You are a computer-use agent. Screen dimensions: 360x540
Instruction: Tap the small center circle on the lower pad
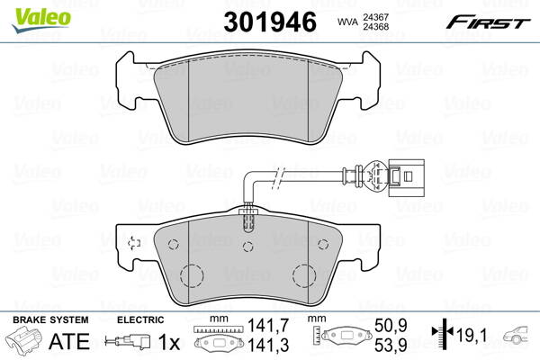pos(251,247)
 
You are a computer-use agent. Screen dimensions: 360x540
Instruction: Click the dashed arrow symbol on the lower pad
pos(134,242)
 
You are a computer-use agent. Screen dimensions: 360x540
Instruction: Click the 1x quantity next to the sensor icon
pos(167,342)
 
